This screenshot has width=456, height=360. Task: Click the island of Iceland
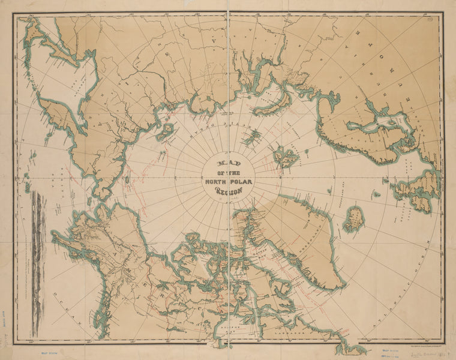click(353, 220)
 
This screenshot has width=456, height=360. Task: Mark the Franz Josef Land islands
click(251, 137)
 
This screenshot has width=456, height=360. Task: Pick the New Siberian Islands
click(165, 131)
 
